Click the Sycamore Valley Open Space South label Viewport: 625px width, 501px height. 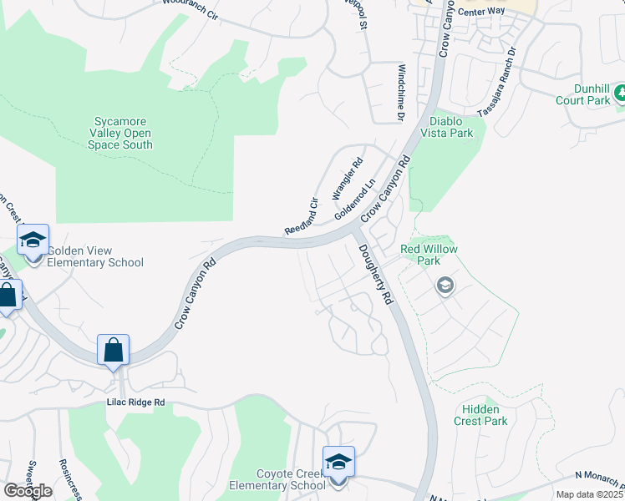120,133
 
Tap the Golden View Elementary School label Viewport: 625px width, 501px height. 94,256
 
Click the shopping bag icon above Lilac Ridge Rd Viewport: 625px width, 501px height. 113,351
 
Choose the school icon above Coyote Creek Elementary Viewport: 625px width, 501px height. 338,463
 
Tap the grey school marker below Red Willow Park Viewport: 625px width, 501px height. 445,286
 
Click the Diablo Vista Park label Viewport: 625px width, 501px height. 440,127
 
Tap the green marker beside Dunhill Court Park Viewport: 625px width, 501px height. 620,94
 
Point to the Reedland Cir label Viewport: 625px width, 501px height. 302,216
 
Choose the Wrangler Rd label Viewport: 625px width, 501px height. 348,180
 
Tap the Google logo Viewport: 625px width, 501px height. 28,491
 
